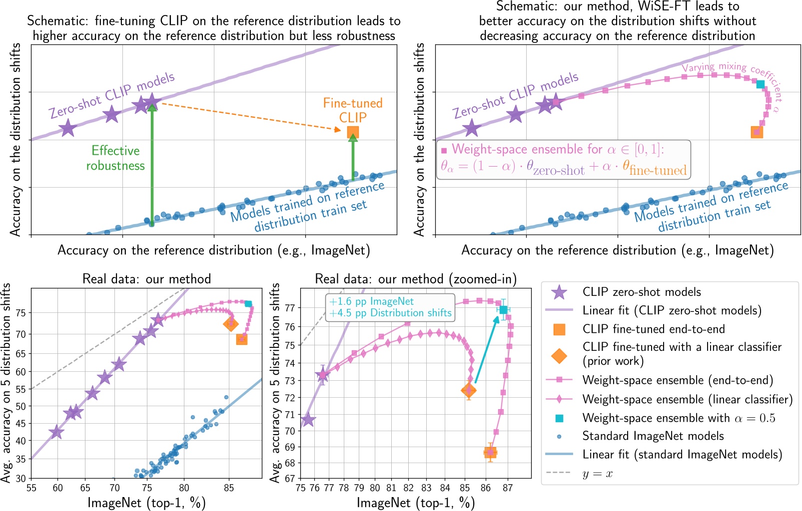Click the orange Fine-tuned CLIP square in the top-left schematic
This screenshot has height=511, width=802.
(x=353, y=132)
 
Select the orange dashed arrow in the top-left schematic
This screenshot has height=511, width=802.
(x=250, y=117)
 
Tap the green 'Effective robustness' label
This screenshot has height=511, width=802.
(x=115, y=158)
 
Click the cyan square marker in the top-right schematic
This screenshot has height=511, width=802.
(x=760, y=84)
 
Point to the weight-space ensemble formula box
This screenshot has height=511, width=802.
(x=564, y=160)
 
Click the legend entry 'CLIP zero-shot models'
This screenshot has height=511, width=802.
(x=641, y=292)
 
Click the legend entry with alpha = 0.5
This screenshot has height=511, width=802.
(x=679, y=418)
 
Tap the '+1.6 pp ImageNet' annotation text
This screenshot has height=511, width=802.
(x=372, y=301)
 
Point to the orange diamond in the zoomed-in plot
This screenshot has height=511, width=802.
(x=469, y=390)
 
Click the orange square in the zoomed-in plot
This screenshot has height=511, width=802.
(x=491, y=453)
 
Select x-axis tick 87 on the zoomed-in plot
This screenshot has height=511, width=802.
(x=508, y=488)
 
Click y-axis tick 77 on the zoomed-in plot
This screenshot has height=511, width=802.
(x=290, y=308)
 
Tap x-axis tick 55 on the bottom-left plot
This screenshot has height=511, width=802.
(x=31, y=488)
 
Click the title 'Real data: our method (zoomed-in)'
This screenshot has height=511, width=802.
(x=416, y=279)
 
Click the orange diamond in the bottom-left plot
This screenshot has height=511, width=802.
(x=231, y=323)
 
